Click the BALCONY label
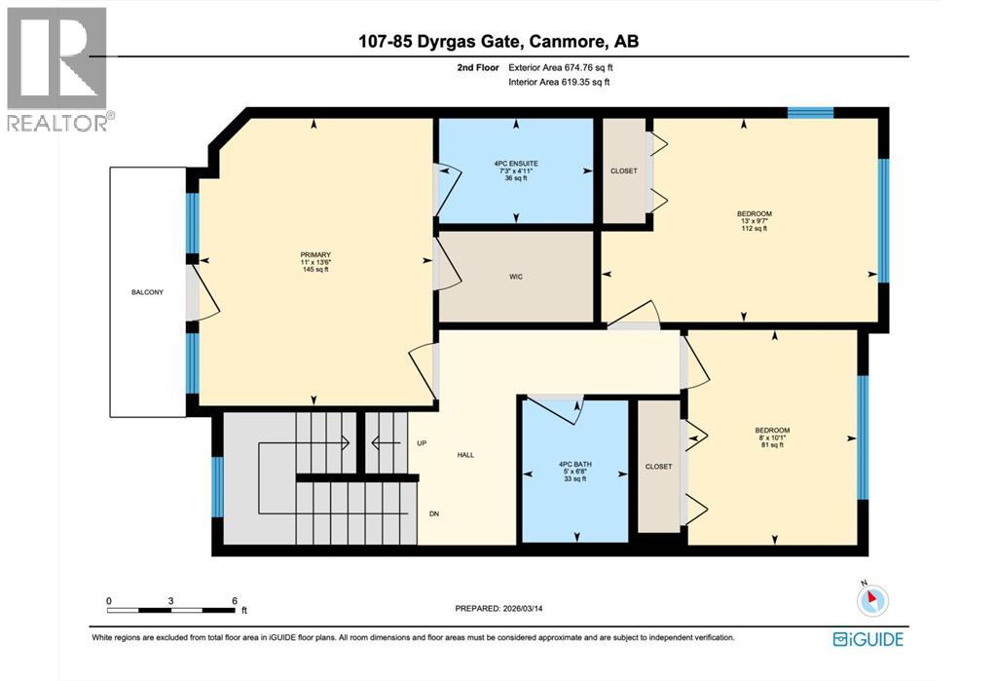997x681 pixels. pos(148,292)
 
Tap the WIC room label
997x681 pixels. pos(516,278)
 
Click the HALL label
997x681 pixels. pos(465,455)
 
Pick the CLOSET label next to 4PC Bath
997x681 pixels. pos(658,467)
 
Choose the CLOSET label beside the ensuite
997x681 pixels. pos(624,171)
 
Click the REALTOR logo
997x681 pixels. pos(57,68)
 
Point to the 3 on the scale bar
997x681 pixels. pos(170,600)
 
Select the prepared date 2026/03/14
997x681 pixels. pos(519,609)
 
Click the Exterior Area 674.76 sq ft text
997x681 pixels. pos(561,67)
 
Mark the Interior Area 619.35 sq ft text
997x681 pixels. pos(559,83)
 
